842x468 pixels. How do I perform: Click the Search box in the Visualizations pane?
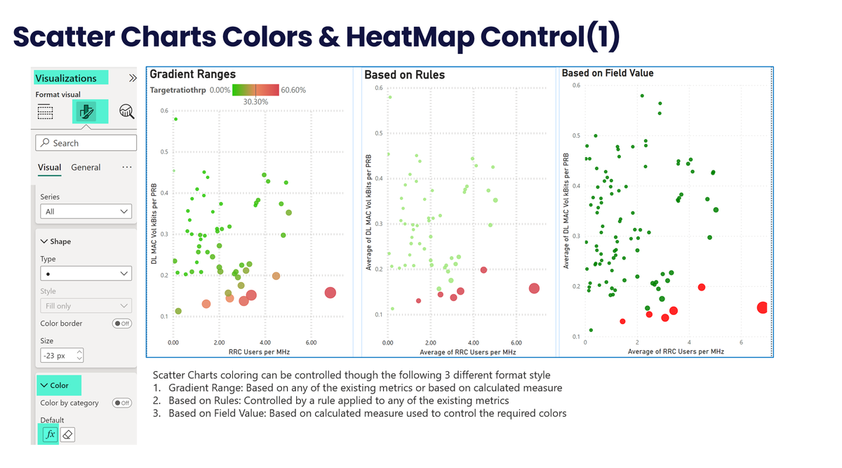tap(86, 143)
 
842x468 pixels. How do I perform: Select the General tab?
tap(86, 168)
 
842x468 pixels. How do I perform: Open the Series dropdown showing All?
tap(86, 211)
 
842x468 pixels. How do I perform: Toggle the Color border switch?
tap(122, 323)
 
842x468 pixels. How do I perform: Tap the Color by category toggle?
tap(122, 403)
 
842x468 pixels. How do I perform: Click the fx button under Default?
tap(50, 435)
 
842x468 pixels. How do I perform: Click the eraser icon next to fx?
tap(67, 435)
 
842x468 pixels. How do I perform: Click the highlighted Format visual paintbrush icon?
tap(88, 112)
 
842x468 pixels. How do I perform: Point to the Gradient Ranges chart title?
tap(193, 74)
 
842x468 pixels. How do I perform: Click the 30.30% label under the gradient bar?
tap(256, 102)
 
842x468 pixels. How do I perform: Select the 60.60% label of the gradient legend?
tap(293, 90)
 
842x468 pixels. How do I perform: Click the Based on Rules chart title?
tap(404, 75)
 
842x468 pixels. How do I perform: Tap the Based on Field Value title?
tap(608, 73)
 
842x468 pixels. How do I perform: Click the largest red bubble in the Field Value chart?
tap(763, 307)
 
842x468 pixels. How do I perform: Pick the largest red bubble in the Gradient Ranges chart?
tap(330, 293)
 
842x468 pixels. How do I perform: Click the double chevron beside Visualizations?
tap(133, 79)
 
